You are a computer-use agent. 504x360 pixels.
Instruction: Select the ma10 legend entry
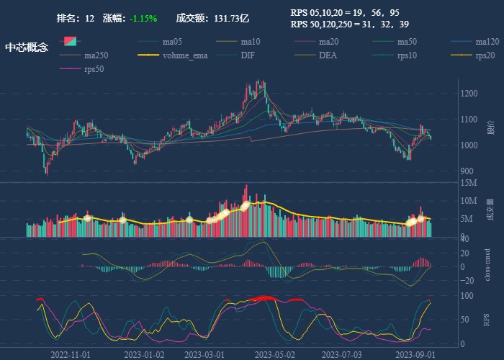click(x=251, y=42)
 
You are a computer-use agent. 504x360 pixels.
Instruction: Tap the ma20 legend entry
click(x=328, y=42)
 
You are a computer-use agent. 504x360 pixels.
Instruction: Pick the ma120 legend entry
click(x=487, y=42)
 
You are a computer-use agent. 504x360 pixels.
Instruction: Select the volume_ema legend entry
click(x=185, y=55)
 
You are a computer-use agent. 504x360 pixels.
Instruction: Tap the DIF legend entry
click(x=247, y=55)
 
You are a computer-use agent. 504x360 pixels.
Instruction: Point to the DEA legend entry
click(x=328, y=55)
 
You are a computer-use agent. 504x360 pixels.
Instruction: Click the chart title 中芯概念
click(x=26, y=48)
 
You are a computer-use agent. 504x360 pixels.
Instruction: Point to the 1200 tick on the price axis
click(x=470, y=94)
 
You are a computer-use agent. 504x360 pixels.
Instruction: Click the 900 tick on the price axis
click(x=468, y=171)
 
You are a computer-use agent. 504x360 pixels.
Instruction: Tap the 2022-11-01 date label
click(x=71, y=354)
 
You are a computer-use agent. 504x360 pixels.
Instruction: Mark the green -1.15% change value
click(x=143, y=18)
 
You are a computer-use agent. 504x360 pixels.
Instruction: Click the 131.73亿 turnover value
click(x=232, y=18)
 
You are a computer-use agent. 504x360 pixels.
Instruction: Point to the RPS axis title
click(x=487, y=319)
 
